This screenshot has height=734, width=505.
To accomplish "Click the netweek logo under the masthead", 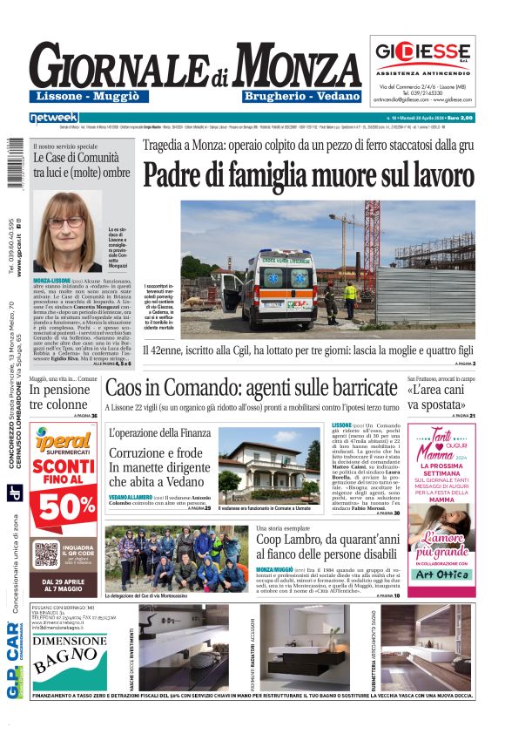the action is coord(53,118).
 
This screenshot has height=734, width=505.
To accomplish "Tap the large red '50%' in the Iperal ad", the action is coord(66,506).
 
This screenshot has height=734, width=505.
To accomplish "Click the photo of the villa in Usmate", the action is coord(269,470).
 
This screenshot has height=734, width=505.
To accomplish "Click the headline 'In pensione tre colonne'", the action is coord(59,398).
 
